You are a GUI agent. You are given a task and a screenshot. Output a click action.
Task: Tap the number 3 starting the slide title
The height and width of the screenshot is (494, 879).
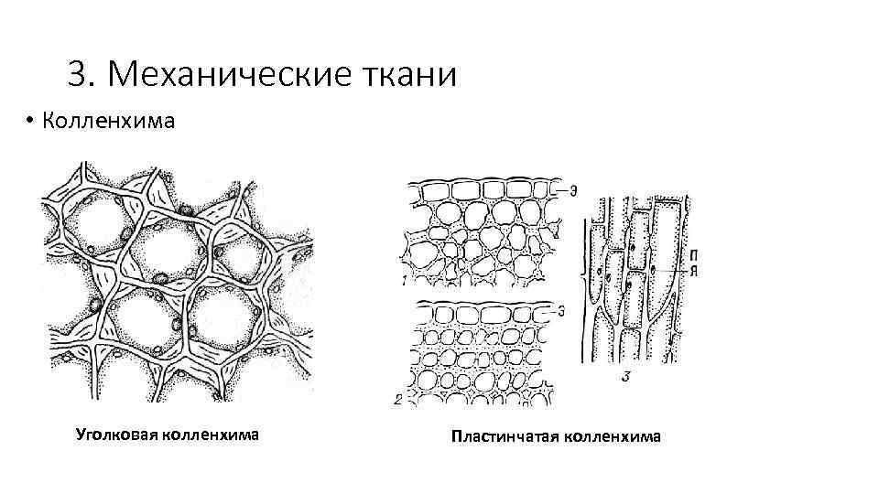point(76,74)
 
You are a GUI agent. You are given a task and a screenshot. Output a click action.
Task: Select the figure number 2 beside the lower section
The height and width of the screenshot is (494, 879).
point(398,399)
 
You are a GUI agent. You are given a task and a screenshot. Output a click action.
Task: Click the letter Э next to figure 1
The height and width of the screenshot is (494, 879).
point(572,190)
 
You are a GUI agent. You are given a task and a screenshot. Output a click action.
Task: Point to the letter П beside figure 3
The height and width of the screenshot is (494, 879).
point(699,253)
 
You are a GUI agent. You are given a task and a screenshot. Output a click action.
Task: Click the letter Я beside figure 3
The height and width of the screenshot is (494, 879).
point(699,270)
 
